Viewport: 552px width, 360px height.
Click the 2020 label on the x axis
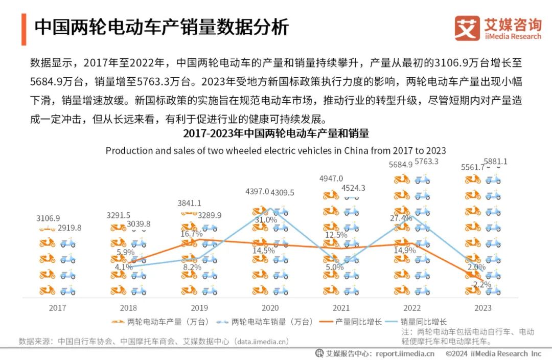coord(270,308)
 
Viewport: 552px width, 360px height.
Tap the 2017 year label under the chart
coord(57,308)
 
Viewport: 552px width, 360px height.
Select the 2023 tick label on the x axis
coord(483,308)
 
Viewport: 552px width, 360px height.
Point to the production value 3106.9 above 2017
coord(48,218)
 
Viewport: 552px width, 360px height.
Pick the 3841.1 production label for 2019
coord(189,203)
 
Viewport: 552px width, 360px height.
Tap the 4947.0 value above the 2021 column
coord(331,178)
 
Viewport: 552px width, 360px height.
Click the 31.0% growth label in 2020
coord(266,219)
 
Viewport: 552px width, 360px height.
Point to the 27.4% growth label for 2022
coord(401,218)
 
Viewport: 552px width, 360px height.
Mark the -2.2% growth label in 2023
coord(480,284)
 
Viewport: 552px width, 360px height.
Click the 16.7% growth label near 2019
coord(192,234)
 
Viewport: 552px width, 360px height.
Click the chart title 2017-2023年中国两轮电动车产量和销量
coord(275,134)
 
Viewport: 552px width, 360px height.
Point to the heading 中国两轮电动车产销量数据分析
coord(162,27)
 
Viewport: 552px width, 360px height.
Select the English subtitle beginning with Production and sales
coord(275,150)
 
